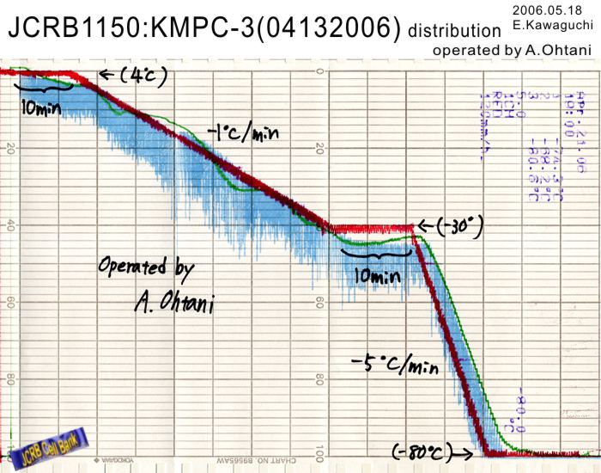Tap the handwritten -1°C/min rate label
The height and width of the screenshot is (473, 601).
point(244,133)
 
